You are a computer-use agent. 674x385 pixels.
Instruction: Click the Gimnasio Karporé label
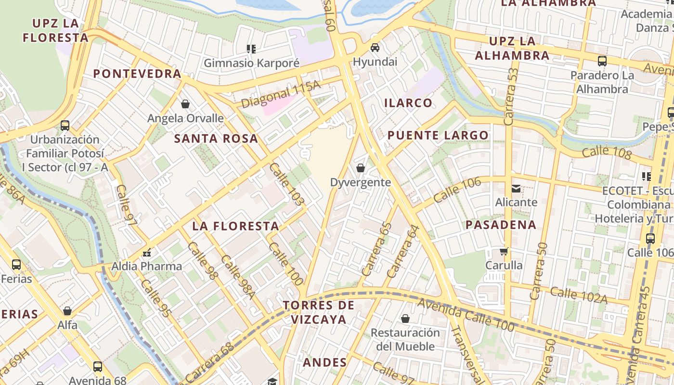pos(251,63)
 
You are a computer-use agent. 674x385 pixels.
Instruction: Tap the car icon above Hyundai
pos(375,48)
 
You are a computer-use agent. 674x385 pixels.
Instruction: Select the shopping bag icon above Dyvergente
pos(360,168)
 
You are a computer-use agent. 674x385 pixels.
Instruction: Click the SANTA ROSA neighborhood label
pos(216,139)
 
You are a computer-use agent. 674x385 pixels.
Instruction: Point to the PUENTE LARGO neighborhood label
pos(438,135)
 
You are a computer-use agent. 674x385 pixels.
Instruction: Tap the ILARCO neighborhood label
pos(408,103)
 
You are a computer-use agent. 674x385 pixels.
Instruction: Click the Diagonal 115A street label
pos(280,94)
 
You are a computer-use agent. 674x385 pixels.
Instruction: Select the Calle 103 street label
pos(287,184)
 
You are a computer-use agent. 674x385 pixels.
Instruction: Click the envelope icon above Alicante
pos(516,188)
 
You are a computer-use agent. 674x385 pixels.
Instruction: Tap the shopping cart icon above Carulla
pos(504,251)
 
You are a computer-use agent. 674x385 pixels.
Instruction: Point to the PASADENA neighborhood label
pos(501,225)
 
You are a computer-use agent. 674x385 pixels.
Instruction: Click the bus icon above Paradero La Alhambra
pos(602,61)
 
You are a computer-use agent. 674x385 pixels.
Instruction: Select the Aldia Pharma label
pos(147,266)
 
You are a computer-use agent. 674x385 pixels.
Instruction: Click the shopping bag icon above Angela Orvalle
pos(185,104)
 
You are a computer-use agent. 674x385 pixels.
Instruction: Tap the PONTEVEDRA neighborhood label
pos(137,74)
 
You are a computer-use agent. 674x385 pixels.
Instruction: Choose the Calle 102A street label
pos(579,295)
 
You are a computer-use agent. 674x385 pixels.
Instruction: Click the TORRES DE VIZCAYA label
pos(318,312)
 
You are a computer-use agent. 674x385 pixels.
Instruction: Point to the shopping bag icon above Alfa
pos(67,311)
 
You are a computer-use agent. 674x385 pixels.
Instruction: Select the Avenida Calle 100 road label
pos(466,315)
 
